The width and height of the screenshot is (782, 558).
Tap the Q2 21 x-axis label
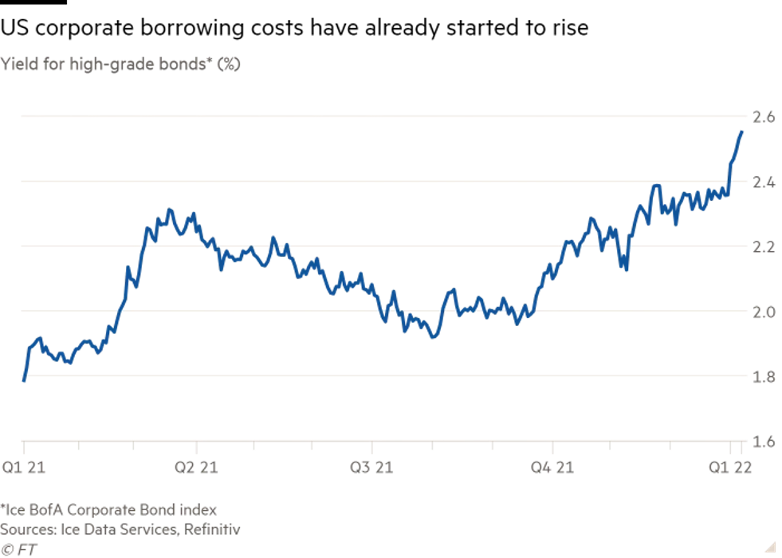click(197, 467)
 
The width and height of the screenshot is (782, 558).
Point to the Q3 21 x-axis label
click(371, 467)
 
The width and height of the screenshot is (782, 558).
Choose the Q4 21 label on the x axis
click(553, 467)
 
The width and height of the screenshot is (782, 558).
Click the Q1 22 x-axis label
click(733, 467)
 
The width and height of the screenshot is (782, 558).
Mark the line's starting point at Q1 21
click(24, 381)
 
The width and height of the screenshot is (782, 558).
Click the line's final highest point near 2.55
click(743, 131)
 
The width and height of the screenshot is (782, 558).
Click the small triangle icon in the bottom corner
click(771, 545)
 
